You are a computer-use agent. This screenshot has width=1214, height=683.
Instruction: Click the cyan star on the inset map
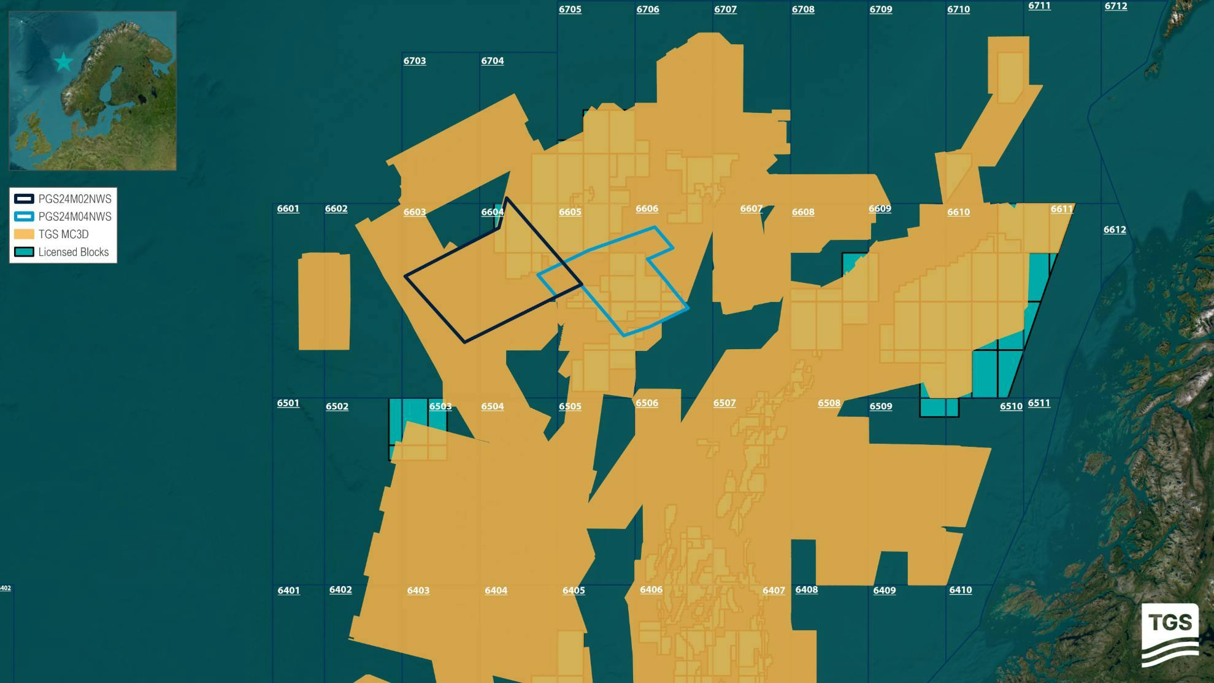coord(64,62)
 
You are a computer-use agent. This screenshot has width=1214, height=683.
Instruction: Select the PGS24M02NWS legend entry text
coord(75,199)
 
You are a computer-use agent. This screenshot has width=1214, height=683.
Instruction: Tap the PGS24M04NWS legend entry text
coord(75,217)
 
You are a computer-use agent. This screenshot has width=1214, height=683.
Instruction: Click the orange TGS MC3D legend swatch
coord(24,234)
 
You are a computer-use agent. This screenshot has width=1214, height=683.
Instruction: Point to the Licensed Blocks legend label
coord(74,252)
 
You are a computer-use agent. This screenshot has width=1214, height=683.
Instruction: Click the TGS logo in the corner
coord(1170,635)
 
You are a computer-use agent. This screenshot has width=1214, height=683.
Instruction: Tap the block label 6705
coord(570,9)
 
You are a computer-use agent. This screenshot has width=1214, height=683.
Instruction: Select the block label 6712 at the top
coord(1115,6)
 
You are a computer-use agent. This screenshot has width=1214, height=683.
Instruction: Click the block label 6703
coord(415,61)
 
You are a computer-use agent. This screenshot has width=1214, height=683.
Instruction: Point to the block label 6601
coord(288,209)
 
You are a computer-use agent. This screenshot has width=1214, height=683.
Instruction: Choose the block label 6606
coord(647,209)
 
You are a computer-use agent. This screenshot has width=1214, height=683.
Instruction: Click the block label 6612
coord(1115,230)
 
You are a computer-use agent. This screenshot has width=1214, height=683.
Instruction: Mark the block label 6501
coord(288,403)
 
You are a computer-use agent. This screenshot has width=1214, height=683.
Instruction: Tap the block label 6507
coord(724,403)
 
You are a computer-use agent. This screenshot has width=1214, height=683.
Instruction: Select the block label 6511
coord(1039,403)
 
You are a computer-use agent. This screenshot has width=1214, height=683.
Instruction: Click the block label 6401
coord(289,590)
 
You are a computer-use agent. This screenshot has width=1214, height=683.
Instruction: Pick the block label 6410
coord(960,590)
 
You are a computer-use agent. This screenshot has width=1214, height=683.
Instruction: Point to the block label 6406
coord(651,590)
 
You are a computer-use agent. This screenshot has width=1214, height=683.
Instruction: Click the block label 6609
coord(880,209)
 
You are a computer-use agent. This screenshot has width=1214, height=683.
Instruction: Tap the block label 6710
coord(958,9)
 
